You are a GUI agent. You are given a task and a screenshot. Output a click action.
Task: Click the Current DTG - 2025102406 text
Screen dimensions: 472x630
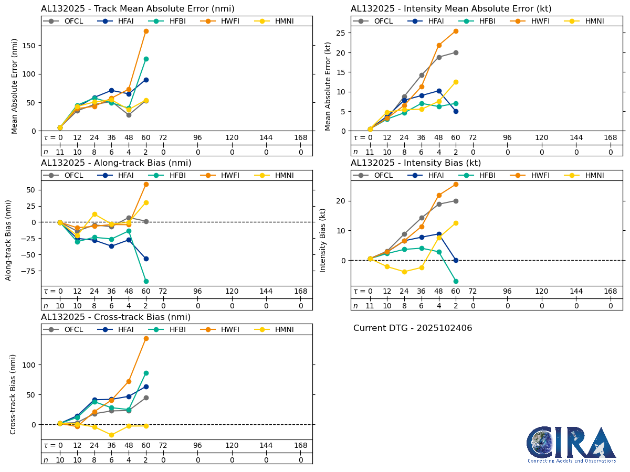412,328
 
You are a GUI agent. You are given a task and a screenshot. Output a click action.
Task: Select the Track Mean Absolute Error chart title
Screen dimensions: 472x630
138,8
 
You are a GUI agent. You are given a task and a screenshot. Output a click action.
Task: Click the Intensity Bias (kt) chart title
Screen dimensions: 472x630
415,163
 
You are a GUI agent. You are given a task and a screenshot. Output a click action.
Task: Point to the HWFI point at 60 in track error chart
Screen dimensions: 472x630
146,31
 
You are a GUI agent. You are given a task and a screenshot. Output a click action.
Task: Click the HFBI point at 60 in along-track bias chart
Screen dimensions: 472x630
146,281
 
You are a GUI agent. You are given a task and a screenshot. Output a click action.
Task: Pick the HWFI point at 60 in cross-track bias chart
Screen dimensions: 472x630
146,338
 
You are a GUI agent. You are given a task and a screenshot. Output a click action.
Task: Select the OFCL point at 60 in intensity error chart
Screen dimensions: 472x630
456,52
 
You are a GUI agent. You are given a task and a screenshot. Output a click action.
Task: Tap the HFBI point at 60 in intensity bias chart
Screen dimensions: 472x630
456,281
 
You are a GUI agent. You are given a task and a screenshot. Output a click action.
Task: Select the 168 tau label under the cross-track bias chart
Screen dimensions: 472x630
300,445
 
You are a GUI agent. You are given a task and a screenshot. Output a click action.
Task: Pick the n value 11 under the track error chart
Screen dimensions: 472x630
60,152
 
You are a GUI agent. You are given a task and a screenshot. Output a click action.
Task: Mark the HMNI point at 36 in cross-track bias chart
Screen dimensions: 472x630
111,435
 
